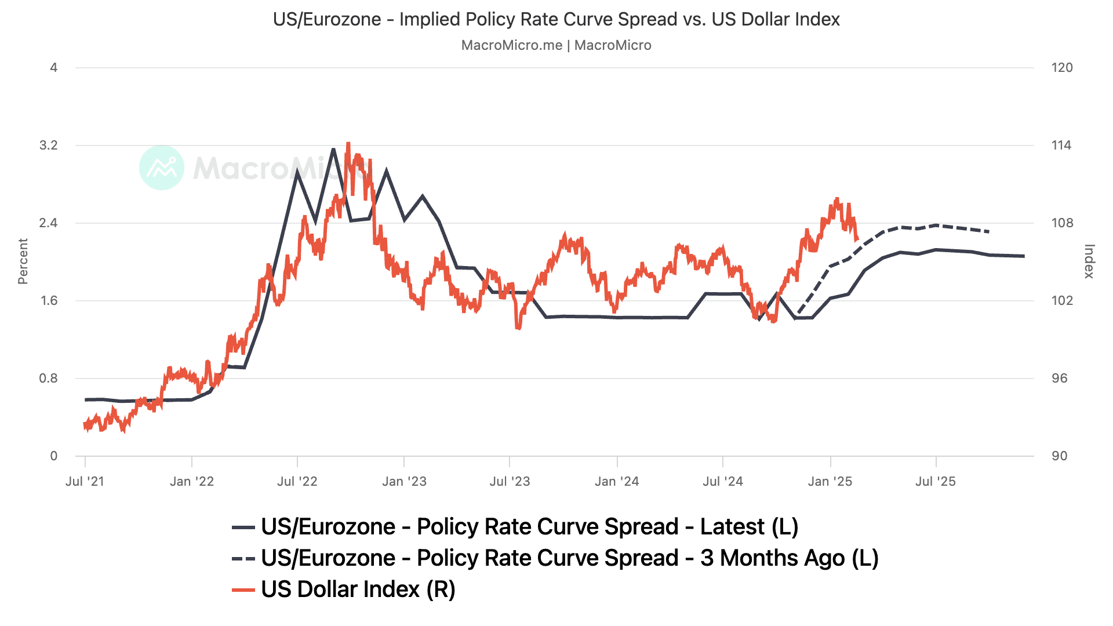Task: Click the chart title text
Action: [x=556, y=19]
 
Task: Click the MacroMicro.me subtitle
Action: [x=556, y=45]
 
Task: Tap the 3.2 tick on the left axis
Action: [x=49, y=145]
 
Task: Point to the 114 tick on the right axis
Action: [x=1061, y=145]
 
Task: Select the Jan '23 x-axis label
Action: [x=404, y=482]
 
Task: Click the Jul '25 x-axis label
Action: [x=935, y=482]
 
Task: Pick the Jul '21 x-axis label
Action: [x=85, y=482]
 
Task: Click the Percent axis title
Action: [x=23, y=261]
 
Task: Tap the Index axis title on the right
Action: [x=1089, y=261]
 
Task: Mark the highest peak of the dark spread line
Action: [x=333, y=149]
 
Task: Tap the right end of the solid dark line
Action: [x=1024, y=256]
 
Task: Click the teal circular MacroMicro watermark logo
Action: [x=162, y=168]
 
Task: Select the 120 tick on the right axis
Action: [x=1062, y=68]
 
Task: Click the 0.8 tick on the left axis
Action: [x=49, y=378]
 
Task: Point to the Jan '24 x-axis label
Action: [x=617, y=482]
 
